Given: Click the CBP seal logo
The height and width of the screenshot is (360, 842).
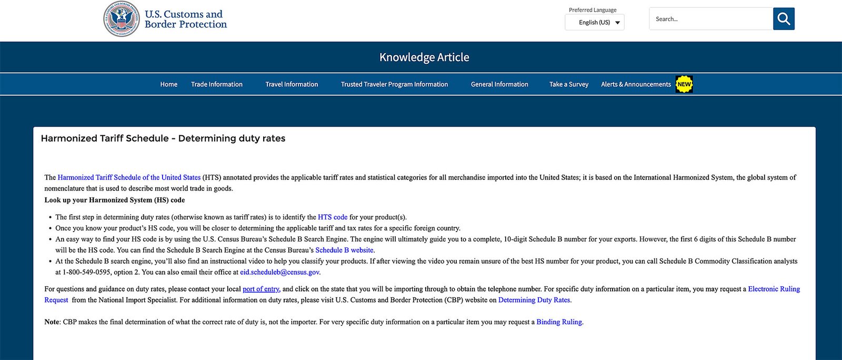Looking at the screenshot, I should click(122, 19).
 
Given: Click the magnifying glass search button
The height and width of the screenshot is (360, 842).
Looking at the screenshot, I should click(784, 19).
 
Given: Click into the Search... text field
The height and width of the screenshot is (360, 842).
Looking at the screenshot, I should click(710, 19).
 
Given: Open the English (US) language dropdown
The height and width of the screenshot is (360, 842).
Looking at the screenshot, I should click(595, 23).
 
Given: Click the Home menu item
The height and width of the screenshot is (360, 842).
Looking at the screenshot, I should click(169, 84).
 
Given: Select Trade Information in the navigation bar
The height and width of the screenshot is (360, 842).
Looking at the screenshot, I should click(217, 84).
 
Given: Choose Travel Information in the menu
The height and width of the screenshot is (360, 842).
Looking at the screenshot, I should click(292, 84).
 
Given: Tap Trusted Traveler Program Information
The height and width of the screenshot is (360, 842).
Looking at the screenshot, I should click(394, 84).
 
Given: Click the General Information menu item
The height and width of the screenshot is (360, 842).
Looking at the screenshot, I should click(499, 84).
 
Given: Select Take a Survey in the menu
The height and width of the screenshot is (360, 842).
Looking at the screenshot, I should click(569, 84).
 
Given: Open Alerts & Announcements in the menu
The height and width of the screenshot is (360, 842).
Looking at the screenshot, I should click(636, 84).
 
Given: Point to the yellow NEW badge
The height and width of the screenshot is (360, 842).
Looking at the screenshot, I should click(684, 84).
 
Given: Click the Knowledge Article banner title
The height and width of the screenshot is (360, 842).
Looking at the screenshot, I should click(424, 57).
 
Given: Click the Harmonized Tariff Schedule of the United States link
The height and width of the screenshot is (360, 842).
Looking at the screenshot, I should click(129, 177).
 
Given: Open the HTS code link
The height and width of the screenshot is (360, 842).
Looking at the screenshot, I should click(333, 217).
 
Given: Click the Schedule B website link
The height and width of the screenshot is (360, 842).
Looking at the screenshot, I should click(344, 250).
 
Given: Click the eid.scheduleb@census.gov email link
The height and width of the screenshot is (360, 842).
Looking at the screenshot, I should click(279, 272).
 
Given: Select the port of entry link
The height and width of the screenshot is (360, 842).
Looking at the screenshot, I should click(261, 289).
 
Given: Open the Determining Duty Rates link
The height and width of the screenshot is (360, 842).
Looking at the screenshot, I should click(534, 300).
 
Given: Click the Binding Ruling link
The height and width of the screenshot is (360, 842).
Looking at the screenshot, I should click(559, 322).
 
